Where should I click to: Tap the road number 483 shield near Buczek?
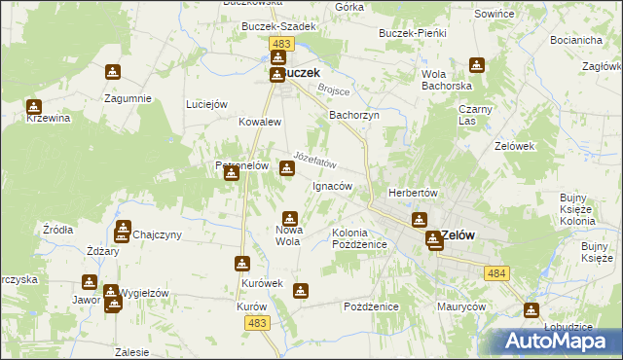[x=282, y=45]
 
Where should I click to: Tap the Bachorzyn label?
[x=353, y=114]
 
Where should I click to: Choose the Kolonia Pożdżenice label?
[x=360, y=239]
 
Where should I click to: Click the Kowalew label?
[x=260, y=123]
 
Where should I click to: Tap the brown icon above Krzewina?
[x=34, y=107]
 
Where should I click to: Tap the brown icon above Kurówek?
[x=242, y=264]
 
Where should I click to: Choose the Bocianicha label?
[x=574, y=41]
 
